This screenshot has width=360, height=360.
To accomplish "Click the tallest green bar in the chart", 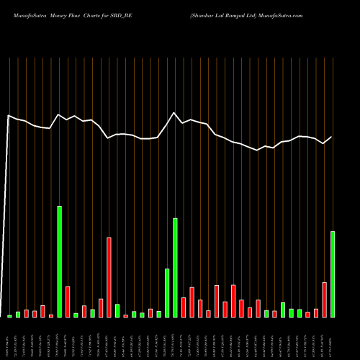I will [60, 261].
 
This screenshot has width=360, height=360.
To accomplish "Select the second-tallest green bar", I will [175, 267].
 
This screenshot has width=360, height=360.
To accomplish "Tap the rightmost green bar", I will [333, 274].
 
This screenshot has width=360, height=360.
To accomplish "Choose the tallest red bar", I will [109, 277].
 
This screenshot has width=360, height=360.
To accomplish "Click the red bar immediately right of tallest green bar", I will [68, 302].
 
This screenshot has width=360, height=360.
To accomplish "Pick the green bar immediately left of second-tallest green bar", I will [167, 292].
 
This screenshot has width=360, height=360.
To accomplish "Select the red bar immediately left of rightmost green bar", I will [325, 300].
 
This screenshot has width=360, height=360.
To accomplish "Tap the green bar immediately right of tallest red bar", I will [117, 310].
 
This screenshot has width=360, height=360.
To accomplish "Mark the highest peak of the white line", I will [174, 112].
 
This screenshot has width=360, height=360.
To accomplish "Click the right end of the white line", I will [332, 137].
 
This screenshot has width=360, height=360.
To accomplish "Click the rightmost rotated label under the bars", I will [333, 338].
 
